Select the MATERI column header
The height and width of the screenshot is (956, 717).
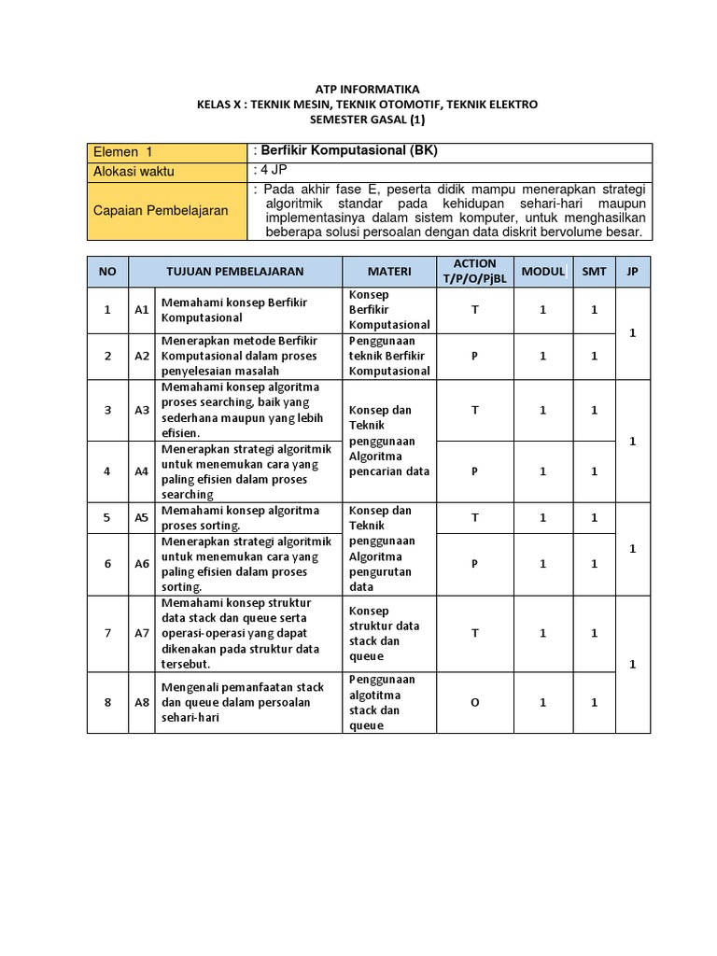pos(389,272)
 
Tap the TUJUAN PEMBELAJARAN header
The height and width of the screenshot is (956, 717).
pos(235,272)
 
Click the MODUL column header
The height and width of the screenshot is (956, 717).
pos(542,272)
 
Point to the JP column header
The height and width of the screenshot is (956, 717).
pos(632,272)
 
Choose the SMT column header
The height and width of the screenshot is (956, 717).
pos(594,272)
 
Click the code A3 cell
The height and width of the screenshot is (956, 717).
pos(142,410)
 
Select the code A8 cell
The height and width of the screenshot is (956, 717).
pos(142,702)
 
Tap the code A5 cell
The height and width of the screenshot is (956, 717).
pos(142,517)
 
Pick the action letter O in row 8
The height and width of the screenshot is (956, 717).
pos(474,702)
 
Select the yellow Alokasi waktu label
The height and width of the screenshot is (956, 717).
pos(134,171)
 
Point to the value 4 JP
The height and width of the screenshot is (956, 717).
pos(273,170)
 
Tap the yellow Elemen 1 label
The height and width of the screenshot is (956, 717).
pos(122,151)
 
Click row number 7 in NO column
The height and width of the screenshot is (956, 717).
pos(107,633)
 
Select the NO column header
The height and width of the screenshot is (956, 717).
pos(107,272)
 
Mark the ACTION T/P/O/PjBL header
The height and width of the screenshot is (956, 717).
pos(474,272)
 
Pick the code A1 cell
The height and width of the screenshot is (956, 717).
pos(142,310)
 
